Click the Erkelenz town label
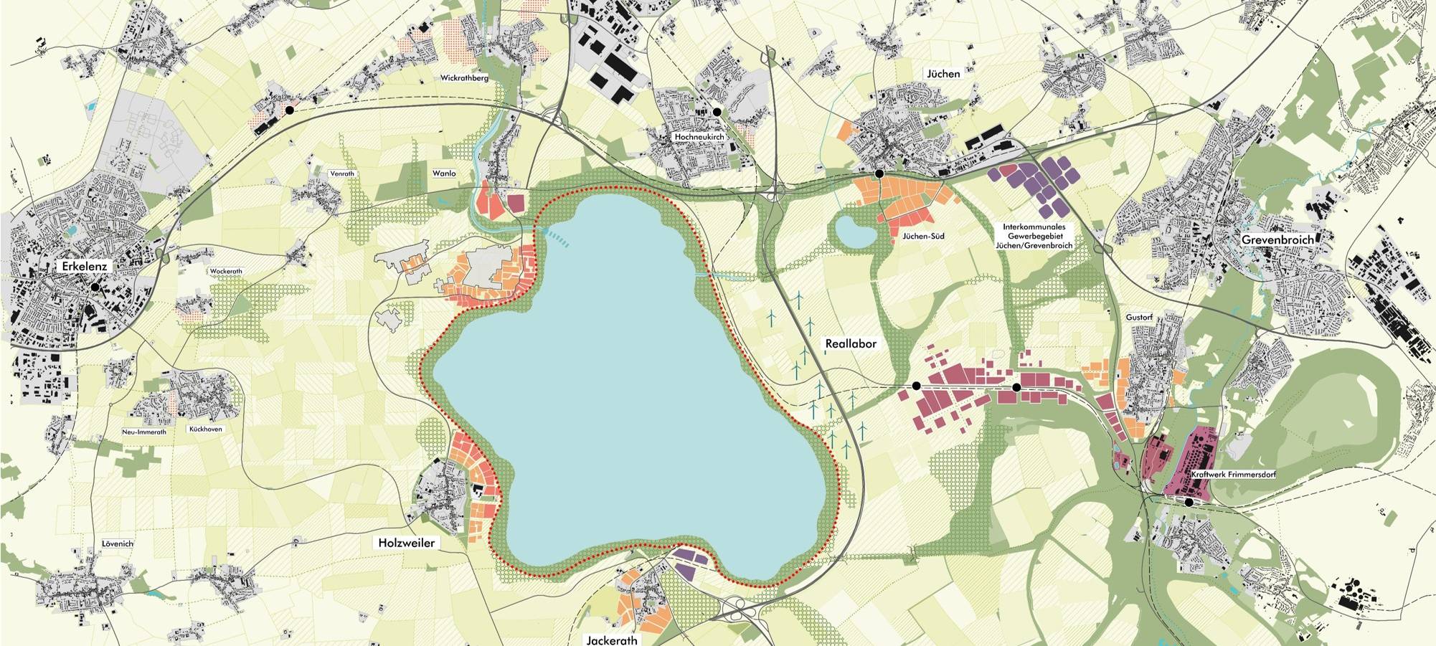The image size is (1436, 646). (84, 266)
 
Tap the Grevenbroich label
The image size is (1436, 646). (1277, 239)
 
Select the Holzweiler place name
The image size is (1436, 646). (406, 543)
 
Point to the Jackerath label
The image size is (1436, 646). (611, 640)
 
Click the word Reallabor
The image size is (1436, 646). (851, 343)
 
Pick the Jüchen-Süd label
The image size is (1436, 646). (923, 236)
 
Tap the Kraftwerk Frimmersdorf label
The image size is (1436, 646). (1233, 475)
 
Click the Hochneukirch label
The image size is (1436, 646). (699, 136)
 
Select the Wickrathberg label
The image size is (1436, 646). (464, 77)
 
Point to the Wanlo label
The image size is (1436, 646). (444, 174)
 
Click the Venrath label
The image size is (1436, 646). (342, 174)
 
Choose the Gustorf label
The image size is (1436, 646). (1139, 317)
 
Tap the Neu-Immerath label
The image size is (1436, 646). (144, 432)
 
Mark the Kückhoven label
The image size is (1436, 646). (205, 429)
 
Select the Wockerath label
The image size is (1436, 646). (226, 271)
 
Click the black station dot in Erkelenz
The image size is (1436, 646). (94, 287)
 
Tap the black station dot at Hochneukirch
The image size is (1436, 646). (716, 112)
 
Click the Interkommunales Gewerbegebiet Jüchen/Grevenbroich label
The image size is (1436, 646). (1034, 236)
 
